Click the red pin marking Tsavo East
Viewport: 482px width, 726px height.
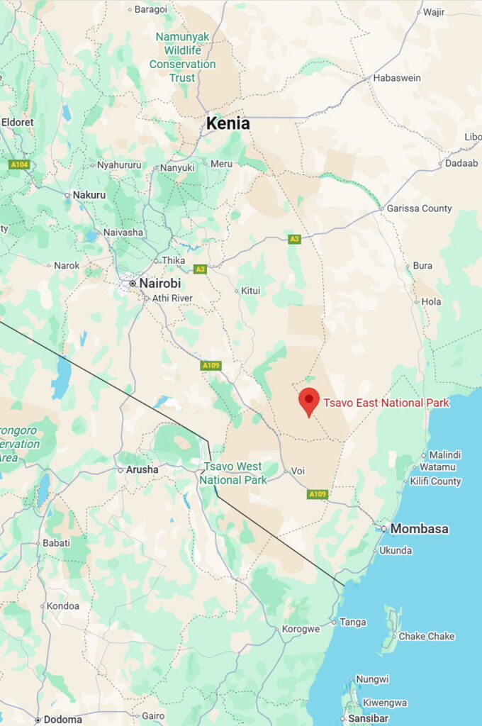[308, 401]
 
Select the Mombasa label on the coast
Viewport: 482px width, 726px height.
[419, 529]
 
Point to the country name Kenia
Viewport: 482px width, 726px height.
[228, 123]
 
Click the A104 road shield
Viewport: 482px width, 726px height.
[18, 164]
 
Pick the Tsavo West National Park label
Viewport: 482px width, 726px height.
[232, 474]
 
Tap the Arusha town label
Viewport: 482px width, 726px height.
[142, 469]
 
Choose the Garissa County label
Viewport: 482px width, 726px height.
[419, 208]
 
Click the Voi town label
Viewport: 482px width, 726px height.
[299, 471]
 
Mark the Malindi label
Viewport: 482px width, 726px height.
[445, 454]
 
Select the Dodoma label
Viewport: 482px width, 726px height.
[62, 719]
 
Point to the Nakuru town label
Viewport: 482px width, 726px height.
[89, 195]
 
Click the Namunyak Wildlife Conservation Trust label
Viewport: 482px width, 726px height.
[182, 57]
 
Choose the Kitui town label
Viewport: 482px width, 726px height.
[250, 291]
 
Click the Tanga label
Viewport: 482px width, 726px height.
[353, 622]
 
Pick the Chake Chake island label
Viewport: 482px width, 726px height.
[426, 637]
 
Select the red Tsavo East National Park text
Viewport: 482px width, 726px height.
[386, 403]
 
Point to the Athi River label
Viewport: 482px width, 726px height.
[172, 298]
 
